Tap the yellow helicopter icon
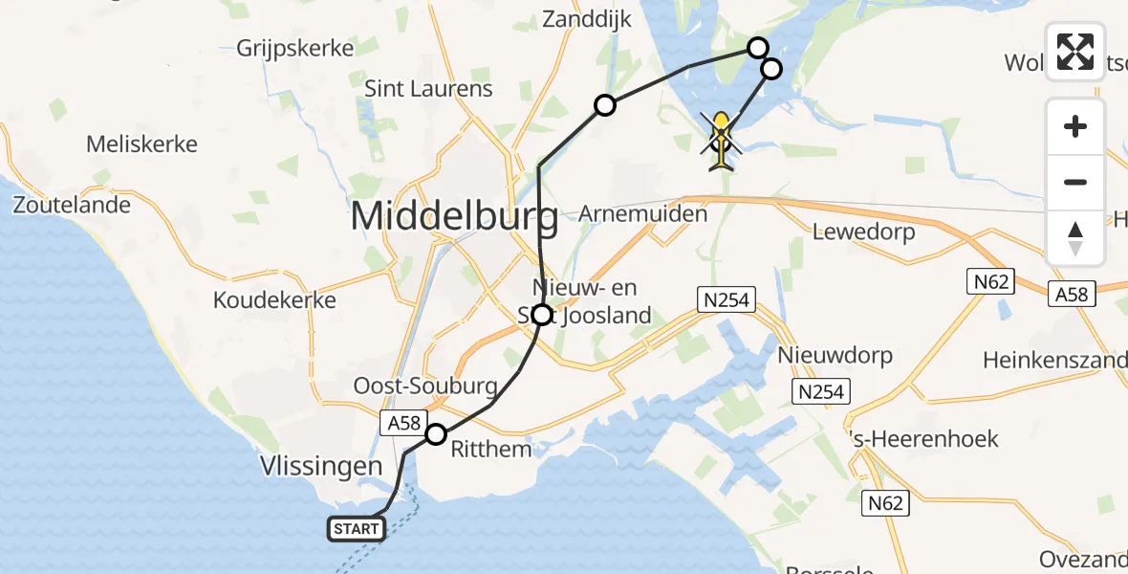pos(721,142)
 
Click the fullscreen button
pos(1075,52)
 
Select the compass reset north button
pos(1075,238)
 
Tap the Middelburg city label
pos(454,217)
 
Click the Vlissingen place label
pos(320,467)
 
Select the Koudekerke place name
pos(274,299)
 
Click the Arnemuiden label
pos(643,213)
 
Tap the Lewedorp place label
pos(863,232)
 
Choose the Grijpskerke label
pos(293,48)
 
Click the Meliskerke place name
pos(141,144)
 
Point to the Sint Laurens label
pos(429,89)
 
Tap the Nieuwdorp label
pos(835,356)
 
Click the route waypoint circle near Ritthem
pos(436,434)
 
